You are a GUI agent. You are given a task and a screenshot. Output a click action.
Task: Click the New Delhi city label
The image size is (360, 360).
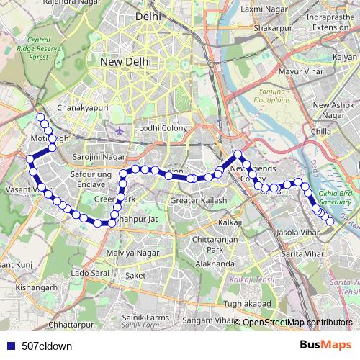point(125,62)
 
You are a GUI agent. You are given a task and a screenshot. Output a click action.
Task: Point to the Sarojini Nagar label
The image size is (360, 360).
point(100,155)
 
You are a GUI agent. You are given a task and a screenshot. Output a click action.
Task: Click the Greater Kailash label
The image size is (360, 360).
point(199,199)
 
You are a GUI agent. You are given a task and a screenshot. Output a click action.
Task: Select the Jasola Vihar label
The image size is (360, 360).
point(297,233)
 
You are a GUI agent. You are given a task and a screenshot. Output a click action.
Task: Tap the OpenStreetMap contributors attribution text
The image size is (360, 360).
point(297,322)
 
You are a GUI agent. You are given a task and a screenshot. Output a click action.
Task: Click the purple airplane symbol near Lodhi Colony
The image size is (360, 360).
point(120,130)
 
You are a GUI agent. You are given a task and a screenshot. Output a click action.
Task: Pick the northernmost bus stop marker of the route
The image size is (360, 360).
point(40,117)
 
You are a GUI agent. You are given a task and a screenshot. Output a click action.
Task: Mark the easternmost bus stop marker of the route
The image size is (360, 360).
point(330,221)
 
